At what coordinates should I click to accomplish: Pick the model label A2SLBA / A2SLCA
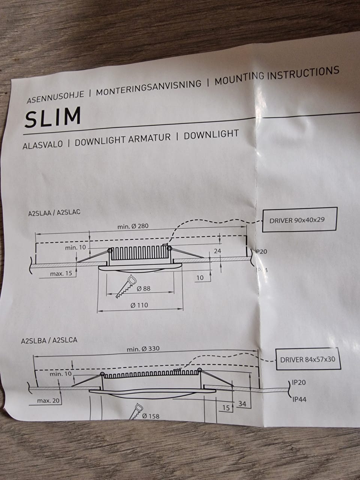[x=49, y=341]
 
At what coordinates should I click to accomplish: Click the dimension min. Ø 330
[x=143, y=349]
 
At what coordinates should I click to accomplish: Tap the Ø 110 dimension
[x=139, y=305]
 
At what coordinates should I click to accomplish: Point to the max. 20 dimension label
[x=48, y=401]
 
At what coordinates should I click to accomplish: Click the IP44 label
[x=299, y=399]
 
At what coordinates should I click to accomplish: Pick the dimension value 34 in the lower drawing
[x=242, y=404]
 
